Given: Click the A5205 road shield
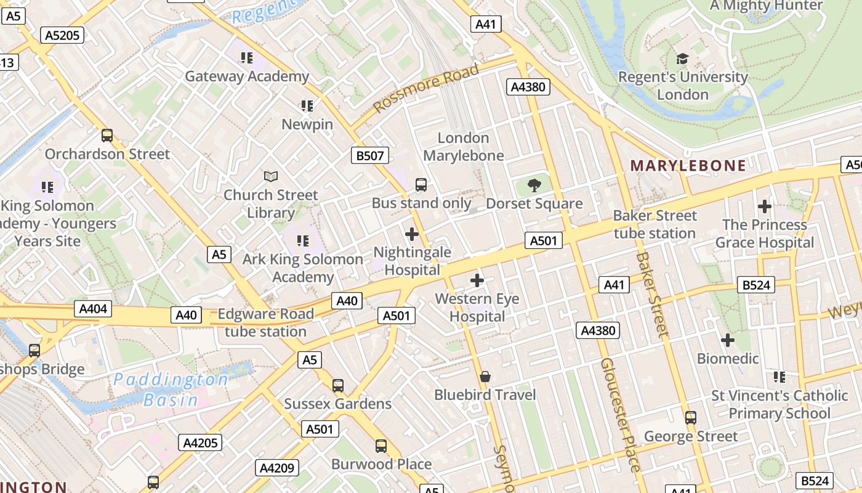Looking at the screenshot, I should [x=63, y=35].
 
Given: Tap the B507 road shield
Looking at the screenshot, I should [x=370, y=155].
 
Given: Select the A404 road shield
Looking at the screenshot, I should [x=92, y=309].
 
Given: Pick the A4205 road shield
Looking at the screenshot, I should [x=200, y=442].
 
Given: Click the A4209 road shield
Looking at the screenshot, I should [x=277, y=468].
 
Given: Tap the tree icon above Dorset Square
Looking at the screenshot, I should [x=534, y=185].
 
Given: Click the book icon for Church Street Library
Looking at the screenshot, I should [x=271, y=177].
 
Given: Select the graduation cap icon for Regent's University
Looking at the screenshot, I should [x=682, y=59].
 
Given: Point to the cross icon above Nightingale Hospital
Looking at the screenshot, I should [x=412, y=234].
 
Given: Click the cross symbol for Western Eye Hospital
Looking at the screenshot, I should [x=477, y=281].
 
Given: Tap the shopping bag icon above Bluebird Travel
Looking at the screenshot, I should [x=485, y=377].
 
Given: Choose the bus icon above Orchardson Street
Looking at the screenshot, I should [x=107, y=136].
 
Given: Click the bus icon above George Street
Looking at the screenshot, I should [x=691, y=418].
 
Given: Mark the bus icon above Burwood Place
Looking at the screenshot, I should [x=381, y=446].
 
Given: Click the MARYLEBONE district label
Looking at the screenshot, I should [x=688, y=165].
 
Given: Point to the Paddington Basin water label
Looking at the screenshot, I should [x=171, y=389].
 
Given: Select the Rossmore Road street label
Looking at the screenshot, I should [x=426, y=88].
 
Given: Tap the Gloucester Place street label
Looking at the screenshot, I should [x=620, y=414].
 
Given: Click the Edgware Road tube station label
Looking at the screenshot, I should [x=265, y=322].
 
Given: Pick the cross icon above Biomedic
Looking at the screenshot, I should [x=728, y=340].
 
